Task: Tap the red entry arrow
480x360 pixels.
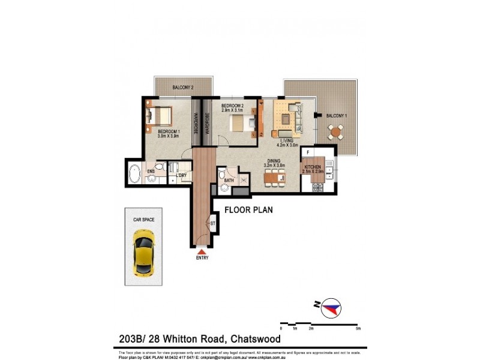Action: tap(201, 252)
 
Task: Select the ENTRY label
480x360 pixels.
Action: tap(202, 258)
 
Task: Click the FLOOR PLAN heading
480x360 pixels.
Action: tap(248, 211)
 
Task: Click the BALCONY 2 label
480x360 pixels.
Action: tap(182, 88)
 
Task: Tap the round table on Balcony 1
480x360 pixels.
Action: tap(337, 131)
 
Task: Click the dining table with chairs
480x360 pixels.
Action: tap(274, 177)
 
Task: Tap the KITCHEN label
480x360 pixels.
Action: tap(314, 167)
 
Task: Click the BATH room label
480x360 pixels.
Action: tap(229, 180)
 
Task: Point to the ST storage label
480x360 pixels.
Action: tap(212, 224)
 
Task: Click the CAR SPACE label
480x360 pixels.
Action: tap(143, 220)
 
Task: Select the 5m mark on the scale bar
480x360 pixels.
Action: tap(358, 328)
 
